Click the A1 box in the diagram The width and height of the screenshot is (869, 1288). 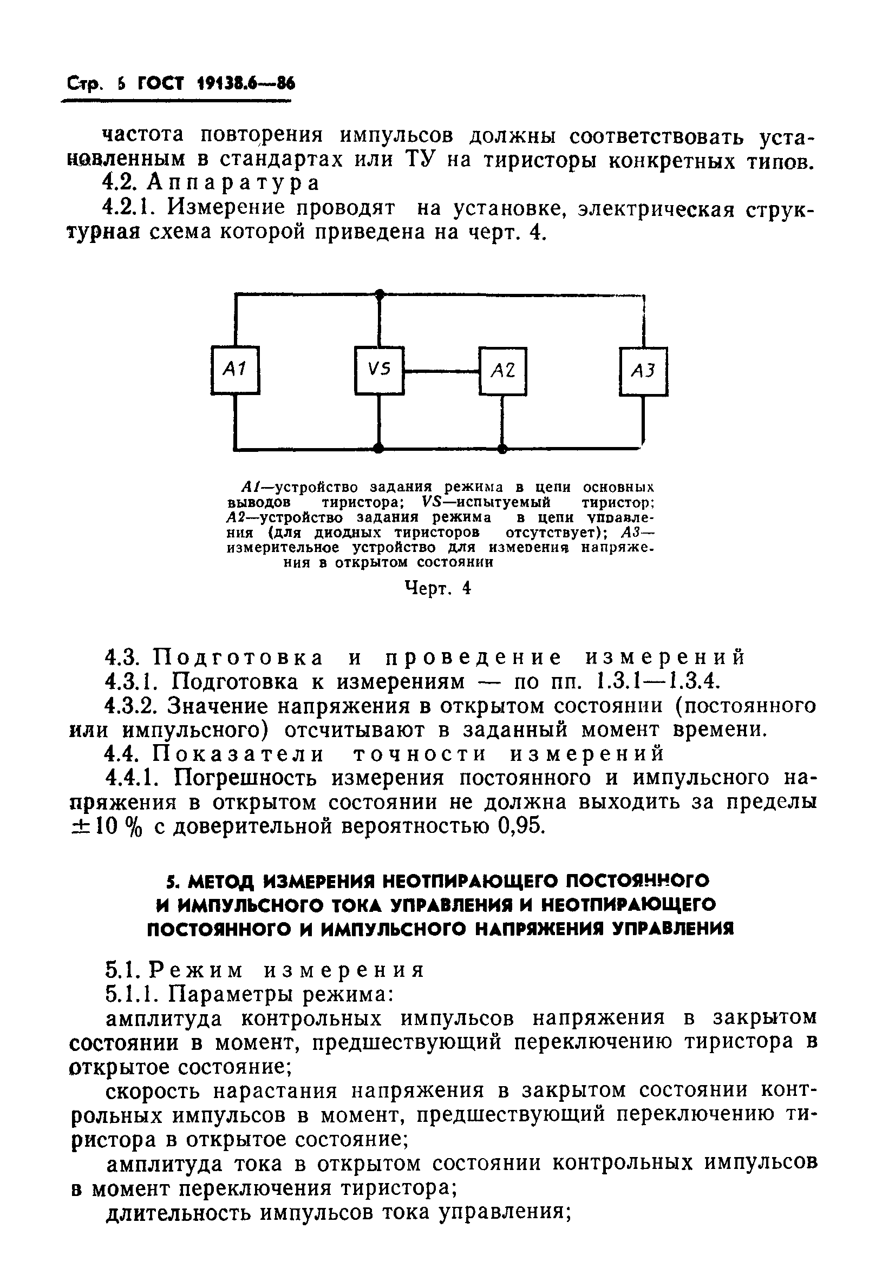[236, 370]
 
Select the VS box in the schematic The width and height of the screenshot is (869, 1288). [380, 370]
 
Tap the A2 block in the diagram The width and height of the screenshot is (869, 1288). [502, 371]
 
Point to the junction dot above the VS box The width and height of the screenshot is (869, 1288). [380, 294]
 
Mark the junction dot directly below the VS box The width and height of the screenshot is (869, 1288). [379, 448]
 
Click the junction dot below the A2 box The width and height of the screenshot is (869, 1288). [502, 448]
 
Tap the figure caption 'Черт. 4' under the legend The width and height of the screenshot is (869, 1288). [438, 588]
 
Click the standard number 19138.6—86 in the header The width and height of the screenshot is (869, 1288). [246, 84]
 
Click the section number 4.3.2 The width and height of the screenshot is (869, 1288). [133, 706]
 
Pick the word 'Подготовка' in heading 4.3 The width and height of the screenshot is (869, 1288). [238, 658]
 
